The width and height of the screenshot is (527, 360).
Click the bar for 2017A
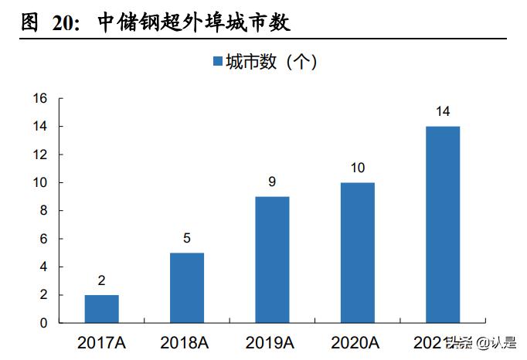tap(102, 308)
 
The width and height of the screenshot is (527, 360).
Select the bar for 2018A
tap(187, 287)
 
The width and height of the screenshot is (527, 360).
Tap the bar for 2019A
tap(272, 260)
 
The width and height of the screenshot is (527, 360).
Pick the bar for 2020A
tap(357, 253)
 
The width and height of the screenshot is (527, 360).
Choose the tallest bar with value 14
tap(443, 224)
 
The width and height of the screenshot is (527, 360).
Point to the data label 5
tap(187, 238)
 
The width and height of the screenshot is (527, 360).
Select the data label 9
tap(272, 182)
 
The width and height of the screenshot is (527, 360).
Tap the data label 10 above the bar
tap(357, 168)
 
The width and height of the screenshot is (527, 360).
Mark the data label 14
tap(443, 111)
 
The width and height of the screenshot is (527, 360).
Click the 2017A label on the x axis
tap(102, 341)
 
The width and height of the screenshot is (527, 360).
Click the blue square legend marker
tap(217, 62)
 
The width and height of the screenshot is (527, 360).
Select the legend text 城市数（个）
tap(271, 62)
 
